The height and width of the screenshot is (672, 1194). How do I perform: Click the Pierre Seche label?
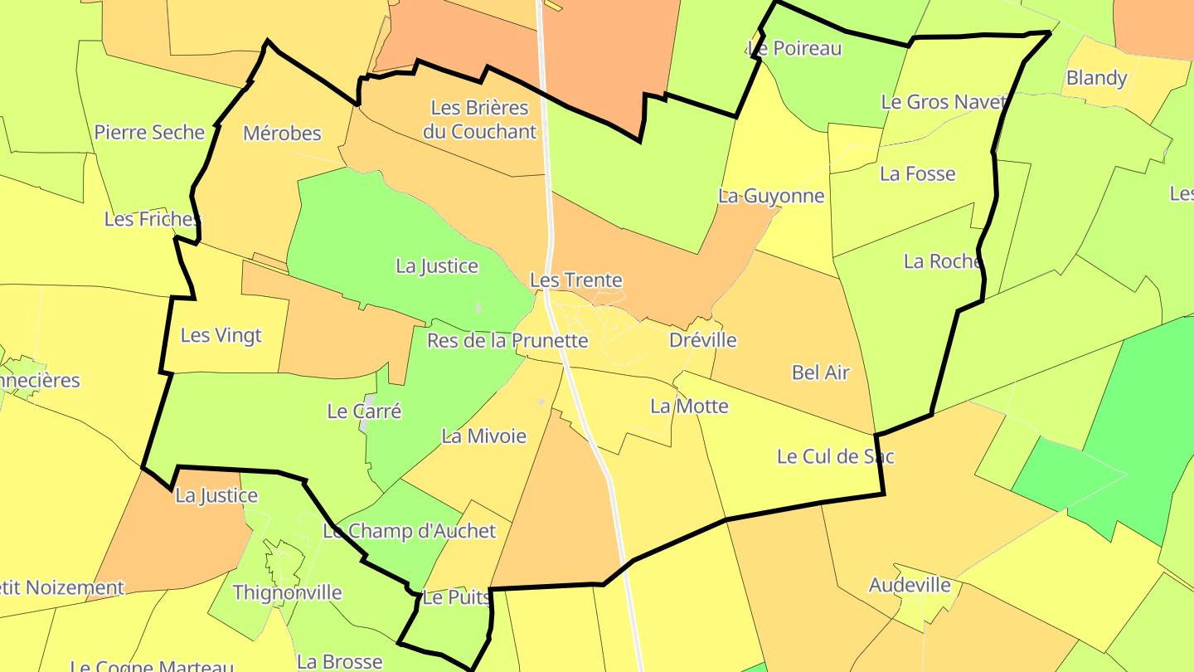pos(149,132)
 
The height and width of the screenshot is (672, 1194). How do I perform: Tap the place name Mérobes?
pos(282,133)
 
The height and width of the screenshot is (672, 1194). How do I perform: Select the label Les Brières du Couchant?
pos(479,119)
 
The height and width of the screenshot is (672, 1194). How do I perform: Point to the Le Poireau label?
pos(794,48)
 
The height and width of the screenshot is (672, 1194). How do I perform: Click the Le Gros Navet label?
pos(944,102)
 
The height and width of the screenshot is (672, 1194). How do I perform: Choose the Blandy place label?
pos(1096,78)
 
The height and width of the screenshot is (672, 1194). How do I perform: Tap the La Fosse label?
pos(917,173)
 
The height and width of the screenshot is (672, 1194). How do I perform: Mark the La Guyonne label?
pos(771,196)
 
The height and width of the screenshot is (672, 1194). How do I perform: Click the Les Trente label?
pos(575,280)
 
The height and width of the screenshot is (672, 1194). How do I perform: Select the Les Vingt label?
pos(221,335)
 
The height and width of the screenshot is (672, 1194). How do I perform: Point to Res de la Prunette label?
pos(507,340)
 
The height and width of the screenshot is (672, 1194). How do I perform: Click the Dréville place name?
pos(702,340)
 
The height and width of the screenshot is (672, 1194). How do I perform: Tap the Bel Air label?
pos(820,373)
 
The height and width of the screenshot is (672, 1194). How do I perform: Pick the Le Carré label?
pos(364,411)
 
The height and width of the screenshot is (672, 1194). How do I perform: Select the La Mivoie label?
pos(483,436)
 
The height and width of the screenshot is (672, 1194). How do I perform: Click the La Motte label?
pos(689,406)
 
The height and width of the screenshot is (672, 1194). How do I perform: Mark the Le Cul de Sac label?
pos(835,456)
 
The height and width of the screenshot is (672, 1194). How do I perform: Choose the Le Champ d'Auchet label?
pos(409,531)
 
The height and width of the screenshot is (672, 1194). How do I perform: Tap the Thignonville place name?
pos(287,592)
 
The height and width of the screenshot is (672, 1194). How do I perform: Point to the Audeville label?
pos(910,585)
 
